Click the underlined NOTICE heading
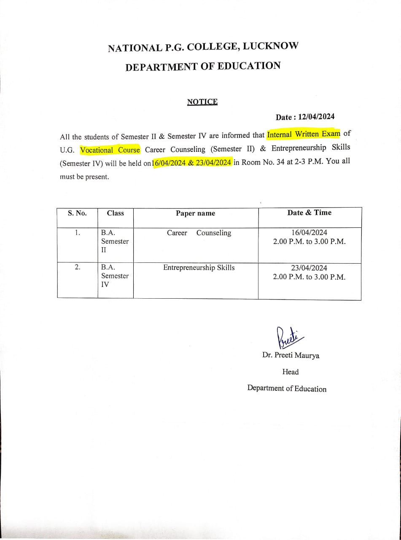(x=202, y=102)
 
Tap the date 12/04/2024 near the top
(x=316, y=117)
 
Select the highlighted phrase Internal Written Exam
(x=303, y=135)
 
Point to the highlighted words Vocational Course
(x=110, y=150)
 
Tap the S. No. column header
(x=77, y=213)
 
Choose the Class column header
(x=115, y=213)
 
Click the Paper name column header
(x=195, y=213)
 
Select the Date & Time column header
(x=309, y=213)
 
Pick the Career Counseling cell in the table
(x=199, y=233)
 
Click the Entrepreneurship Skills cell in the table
(x=199, y=267)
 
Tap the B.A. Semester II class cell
(x=114, y=241)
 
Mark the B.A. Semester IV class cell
(x=114, y=276)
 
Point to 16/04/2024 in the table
(x=309, y=233)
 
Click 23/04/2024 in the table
(x=309, y=268)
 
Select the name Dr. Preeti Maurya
(x=291, y=355)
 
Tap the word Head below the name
(x=290, y=372)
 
